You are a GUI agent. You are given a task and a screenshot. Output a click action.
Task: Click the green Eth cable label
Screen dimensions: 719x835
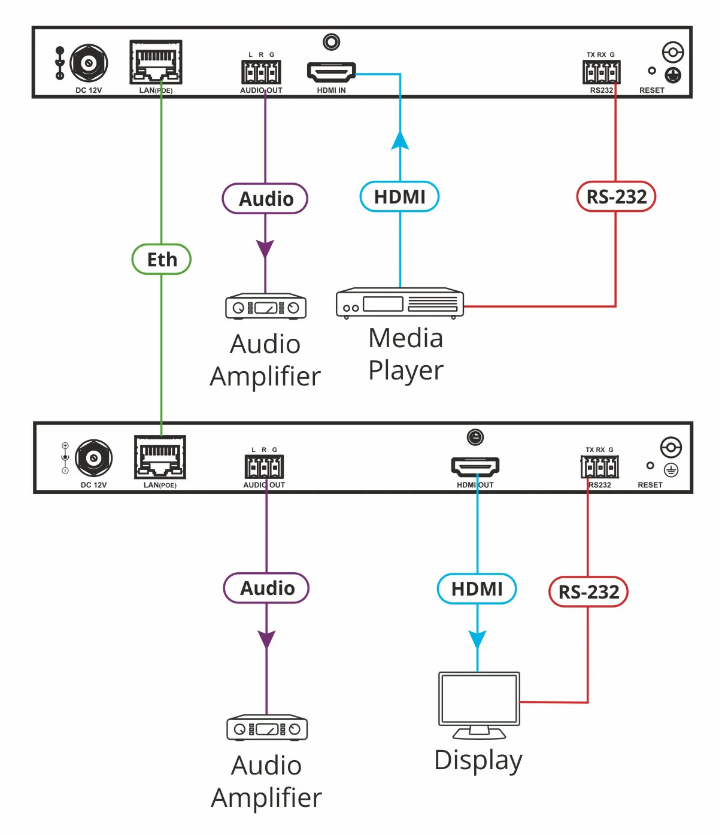pyautogui.click(x=161, y=259)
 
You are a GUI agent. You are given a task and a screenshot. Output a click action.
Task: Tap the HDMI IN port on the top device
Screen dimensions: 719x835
pyautogui.click(x=331, y=72)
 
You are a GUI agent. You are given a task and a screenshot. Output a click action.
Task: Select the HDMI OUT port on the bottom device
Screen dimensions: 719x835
pyautogui.click(x=475, y=466)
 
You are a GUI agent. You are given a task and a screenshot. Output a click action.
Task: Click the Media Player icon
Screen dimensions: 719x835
pyautogui.click(x=399, y=303)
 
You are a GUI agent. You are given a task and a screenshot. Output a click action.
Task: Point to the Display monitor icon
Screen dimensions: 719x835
pyautogui.click(x=479, y=705)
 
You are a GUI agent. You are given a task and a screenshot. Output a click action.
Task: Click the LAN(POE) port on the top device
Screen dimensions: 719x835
pyautogui.click(x=156, y=62)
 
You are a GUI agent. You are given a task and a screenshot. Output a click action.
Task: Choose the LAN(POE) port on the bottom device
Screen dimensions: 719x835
pyautogui.click(x=160, y=457)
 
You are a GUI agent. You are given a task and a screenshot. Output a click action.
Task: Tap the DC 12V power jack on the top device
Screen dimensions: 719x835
pyautogui.click(x=89, y=63)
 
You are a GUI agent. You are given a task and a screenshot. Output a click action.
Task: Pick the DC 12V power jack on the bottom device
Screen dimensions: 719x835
pyautogui.click(x=94, y=458)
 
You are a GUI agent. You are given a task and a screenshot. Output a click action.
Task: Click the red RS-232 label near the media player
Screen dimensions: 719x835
pyautogui.click(x=616, y=197)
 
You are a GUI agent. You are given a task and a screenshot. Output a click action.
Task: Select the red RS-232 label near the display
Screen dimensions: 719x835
pyautogui.click(x=588, y=592)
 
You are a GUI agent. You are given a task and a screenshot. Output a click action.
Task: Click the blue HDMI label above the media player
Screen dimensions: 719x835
pyautogui.click(x=399, y=197)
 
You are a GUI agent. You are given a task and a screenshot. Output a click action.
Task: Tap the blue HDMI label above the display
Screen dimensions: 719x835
pyautogui.click(x=477, y=588)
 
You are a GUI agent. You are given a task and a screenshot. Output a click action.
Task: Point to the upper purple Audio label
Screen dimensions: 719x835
pyautogui.click(x=265, y=198)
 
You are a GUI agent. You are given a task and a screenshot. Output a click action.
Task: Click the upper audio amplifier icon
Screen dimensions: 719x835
pyautogui.click(x=265, y=306)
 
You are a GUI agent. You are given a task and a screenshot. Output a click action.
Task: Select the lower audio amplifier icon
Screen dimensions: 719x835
pyautogui.click(x=266, y=727)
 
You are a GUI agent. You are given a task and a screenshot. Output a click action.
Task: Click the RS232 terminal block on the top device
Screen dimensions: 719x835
pyautogui.click(x=602, y=72)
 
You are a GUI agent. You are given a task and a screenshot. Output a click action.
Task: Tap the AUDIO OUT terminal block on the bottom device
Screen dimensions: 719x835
pyautogui.click(x=264, y=466)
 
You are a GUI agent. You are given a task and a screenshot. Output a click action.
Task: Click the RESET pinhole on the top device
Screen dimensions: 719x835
pyautogui.click(x=651, y=71)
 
